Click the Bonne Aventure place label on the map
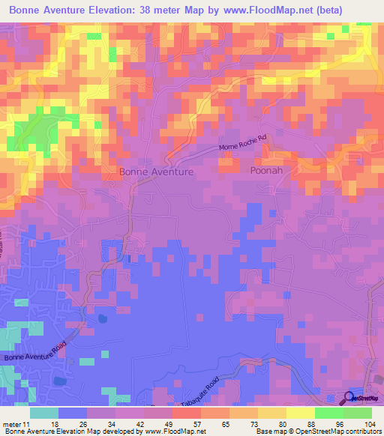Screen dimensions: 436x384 click(157, 172)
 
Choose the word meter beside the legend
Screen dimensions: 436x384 click(11, 423)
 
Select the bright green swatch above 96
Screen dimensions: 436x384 click(328, 413)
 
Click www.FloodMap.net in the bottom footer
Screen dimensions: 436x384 click(175, 432)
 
